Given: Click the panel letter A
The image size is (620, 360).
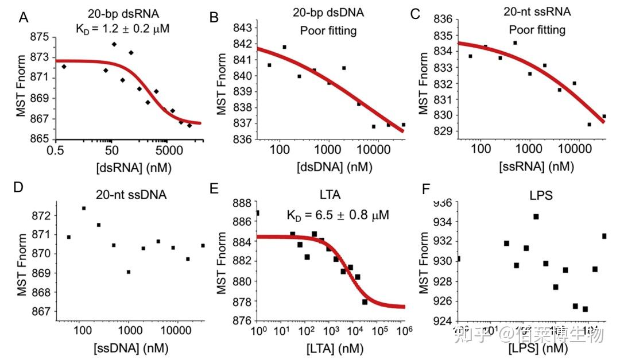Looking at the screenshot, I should (x=24, y=18).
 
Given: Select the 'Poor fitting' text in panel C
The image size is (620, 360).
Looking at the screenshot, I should (x=536, y=29).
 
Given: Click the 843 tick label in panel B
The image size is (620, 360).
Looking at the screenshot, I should (x=242, y=28).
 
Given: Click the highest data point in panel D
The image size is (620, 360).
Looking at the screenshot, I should (x=84, y=208).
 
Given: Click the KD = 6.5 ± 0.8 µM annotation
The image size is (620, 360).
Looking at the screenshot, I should (x=338, y=216).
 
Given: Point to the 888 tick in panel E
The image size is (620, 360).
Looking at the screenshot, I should (x=242, y=203).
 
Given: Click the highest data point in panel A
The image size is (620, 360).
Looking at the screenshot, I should (x=114, y=44).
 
